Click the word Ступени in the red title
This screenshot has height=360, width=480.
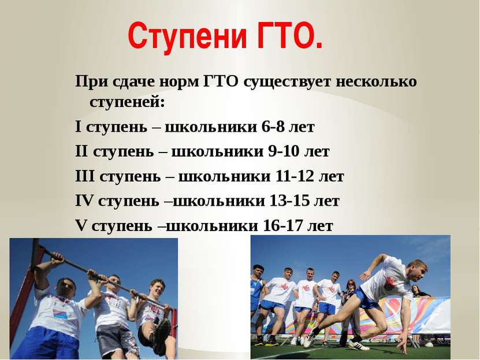tap(187, 36)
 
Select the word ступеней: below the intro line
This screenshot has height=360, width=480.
tap(127, 102)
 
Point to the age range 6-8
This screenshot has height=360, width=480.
tap(273, 127)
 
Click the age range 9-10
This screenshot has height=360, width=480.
tap(284, 151)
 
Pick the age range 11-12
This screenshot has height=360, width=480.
tap(295, 176)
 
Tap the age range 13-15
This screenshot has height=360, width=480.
tap(290, 201)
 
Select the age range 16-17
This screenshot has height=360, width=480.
tap(283, 226)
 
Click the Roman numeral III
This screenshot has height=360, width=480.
tap(85, 176)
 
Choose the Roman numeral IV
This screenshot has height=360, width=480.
tap(84, 201)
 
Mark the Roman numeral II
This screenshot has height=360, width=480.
tap(81, 151)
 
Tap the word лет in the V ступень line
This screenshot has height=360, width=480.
tap(320, 226)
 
